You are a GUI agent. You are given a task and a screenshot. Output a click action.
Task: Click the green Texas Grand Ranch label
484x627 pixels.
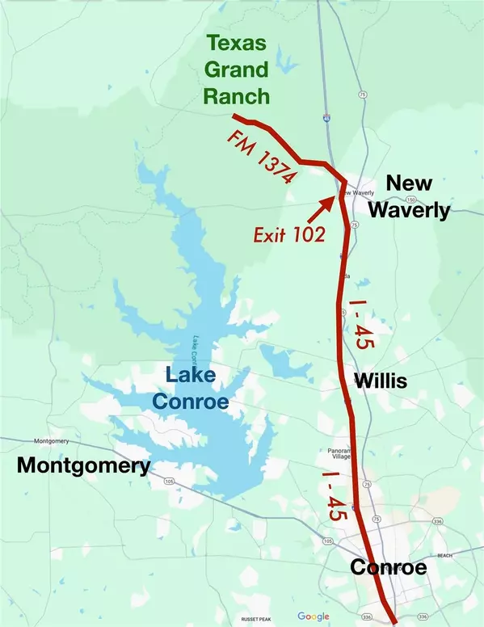236,69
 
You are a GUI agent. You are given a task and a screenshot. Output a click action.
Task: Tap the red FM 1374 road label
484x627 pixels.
259,156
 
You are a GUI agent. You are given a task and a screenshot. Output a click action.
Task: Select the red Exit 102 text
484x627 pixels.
288,235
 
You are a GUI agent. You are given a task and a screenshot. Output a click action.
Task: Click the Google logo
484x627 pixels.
313,616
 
